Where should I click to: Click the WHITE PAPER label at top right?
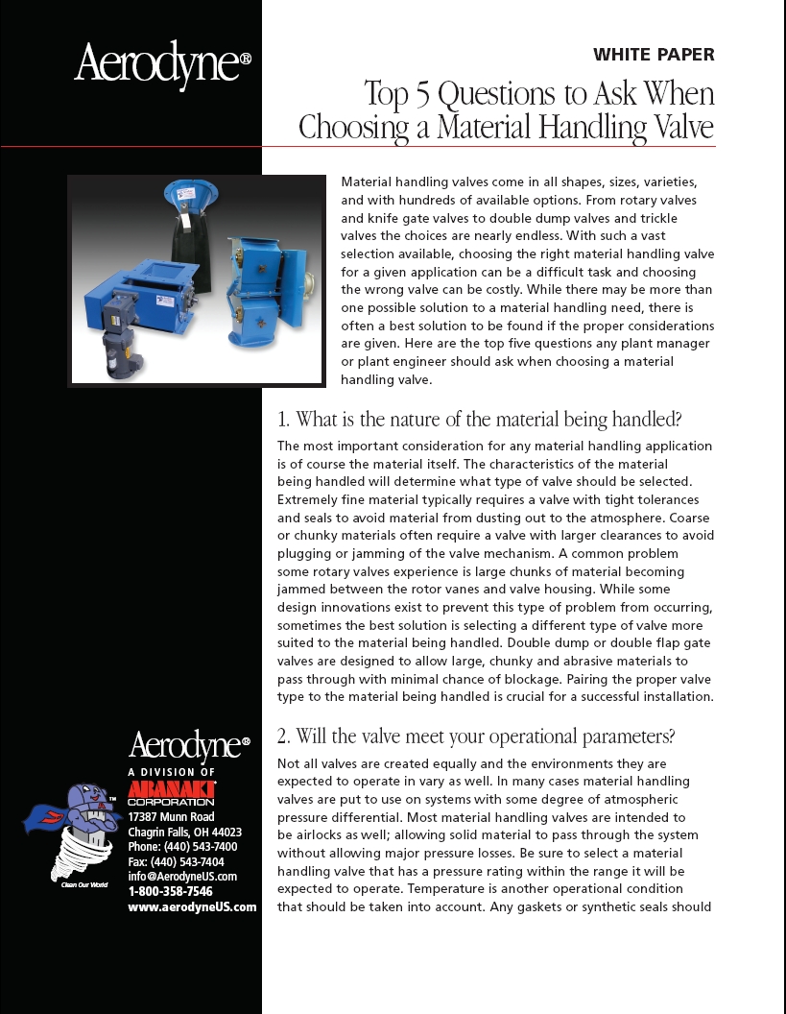pyautogui.click(x=654, y=55)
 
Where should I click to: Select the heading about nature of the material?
pyautogui.click(x=479, y=420)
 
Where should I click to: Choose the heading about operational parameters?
pyautogui.click(x=476, y=736)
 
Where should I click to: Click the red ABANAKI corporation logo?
pyautogui.click(x=172, y=792)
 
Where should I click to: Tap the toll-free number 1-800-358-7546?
pyautogui.click(x=170, y=891)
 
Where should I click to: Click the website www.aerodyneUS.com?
pyautogui.click(x=192, y=906)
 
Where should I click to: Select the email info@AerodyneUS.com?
pyautogui.click(x=182, y=876)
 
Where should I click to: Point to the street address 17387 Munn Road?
pyautogui.click(x=171, y=817)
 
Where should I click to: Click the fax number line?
pyautogui.click(x=176, y=861)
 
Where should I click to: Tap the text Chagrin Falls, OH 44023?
pyautogui.click(x=184, y=832)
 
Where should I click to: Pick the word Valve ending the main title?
pyautogui.click(x=678, y=127)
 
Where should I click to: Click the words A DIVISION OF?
pyautogui.click(x=172, y=772)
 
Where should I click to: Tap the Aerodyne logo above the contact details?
pyautogui.click(x=189, y=746)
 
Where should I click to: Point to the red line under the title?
pyautogui.click(x=384, y=146)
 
